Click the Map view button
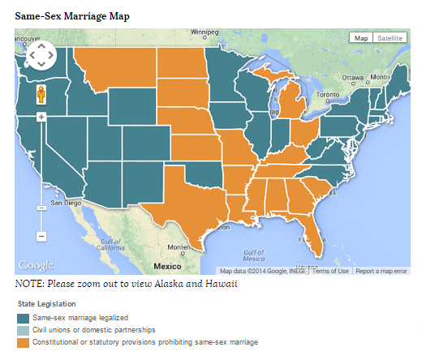(x=361, y=38)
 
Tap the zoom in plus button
(x=41, y=117)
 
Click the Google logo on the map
(x=36, y=265)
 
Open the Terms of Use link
(x=331, y=271)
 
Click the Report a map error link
(x=381, y=271)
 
